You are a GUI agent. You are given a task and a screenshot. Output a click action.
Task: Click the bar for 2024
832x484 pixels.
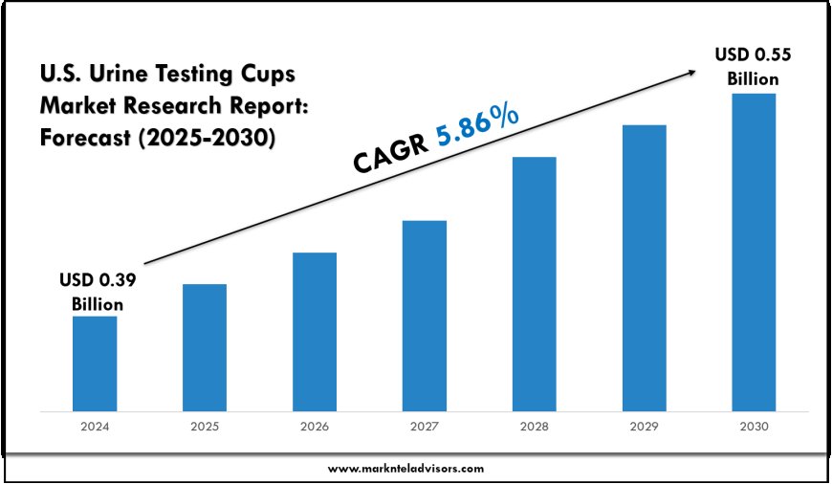pyautogui.click(x=95, y=363)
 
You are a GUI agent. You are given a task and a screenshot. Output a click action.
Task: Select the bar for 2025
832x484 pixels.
pyautogui.click(x=205, y=347)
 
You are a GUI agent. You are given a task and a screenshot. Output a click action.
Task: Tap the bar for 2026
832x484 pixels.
pyautogui.click(x=315, y=332)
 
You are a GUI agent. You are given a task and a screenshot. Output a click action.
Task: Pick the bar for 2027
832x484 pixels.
pyautogui.click(x=425, y=316)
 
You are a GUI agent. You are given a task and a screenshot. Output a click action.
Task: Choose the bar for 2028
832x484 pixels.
pyautogui.click(x=534, y=284)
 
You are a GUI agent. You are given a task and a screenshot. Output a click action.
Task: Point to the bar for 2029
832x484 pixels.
pyautogui.click(x=644, y=268)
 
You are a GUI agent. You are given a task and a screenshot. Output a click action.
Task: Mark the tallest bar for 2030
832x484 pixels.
pyautogui.click(x=754, y=253)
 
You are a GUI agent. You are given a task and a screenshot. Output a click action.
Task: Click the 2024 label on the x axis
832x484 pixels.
pyautogui.click(x=95, y=428)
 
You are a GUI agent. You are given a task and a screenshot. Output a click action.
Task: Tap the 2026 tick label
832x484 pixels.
pyautogui.click(x=315, y=428)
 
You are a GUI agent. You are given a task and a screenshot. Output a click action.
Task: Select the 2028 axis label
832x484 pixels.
pyautogui.click(x=534, y=428)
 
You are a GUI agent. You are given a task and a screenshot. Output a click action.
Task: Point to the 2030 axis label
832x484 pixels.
pyautogui.click(x=754, y=428)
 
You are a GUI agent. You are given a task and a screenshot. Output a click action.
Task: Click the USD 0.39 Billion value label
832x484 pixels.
pyautogui.click(x=97, y=293)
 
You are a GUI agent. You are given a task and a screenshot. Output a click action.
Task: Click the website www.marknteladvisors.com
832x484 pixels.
pyautogui.click(x=406, y=468)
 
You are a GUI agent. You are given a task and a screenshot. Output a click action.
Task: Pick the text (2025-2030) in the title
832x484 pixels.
pyautogui.click(x=206, y=138)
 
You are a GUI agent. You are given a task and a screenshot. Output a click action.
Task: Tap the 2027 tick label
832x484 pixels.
pyautogui.click(x=425, y=428)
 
